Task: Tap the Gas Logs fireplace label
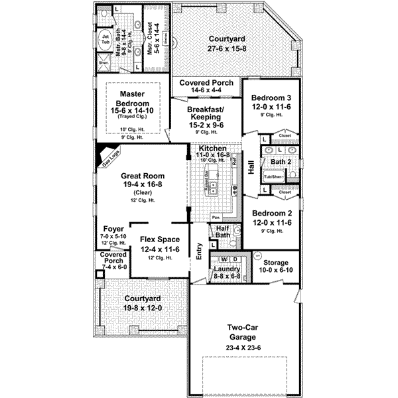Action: click(x=107, y=157)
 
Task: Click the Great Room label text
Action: click(x=137, y=176)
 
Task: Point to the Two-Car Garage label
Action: click(x=243, y=332)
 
